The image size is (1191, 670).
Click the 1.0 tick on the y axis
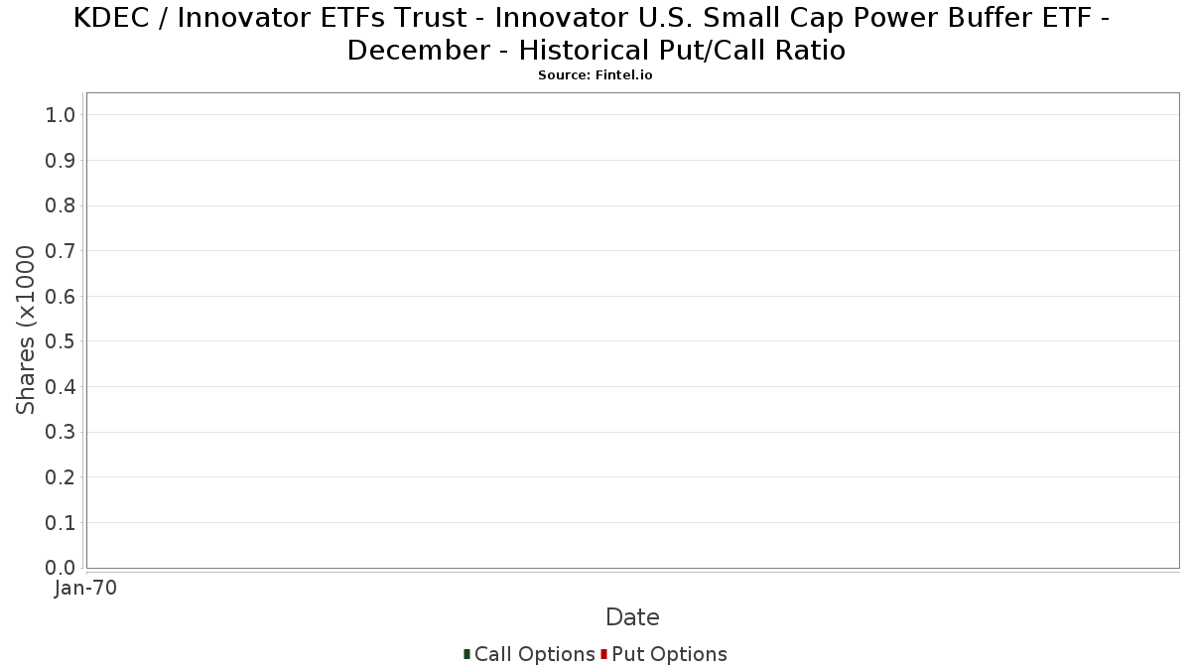pos(61,115)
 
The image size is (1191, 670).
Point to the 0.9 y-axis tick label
pos(61,161)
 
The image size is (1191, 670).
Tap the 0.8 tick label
pos(61,205)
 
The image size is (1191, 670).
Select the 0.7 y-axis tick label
pos(61,251)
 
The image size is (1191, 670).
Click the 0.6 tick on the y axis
pos(61,296)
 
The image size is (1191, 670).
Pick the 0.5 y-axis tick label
pos(61,341)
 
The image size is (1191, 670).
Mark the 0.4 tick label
pos(61,387)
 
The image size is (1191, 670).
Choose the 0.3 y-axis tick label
pos(61,433)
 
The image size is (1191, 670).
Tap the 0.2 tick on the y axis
pos(61,477)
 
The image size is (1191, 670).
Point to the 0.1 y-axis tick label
pos(61,523)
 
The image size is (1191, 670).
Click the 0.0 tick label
pos(61,568)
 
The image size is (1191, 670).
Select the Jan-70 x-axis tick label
pos(85,588)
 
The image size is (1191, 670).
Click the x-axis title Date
pos(633,617)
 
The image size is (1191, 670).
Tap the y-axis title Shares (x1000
pos(25,330)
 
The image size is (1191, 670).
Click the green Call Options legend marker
pos(466,654)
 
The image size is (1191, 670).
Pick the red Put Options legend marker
pos(604,654)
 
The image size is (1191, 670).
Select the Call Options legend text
pos(534,654)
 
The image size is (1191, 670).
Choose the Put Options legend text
pos(669,654)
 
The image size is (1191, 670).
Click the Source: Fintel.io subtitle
pos(595,75)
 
